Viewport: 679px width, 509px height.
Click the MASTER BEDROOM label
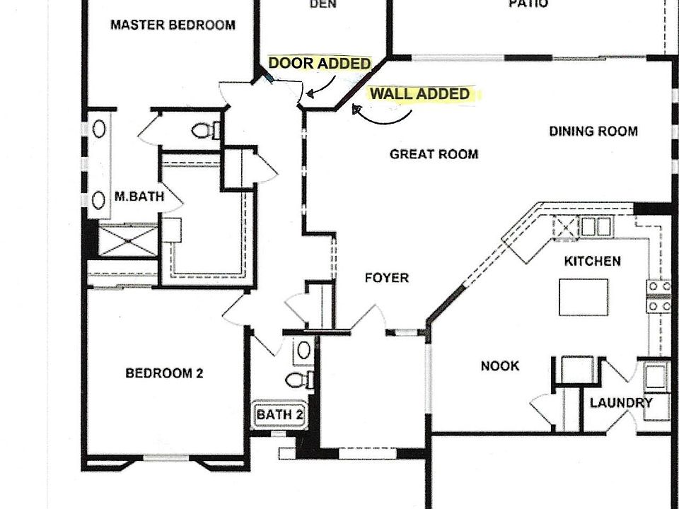pyautogui.click(x=173, y=25)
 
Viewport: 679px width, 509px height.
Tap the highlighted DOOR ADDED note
pyautogui.click(x=320, y=64)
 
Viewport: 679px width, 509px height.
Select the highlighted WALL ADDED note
pyautogui.click(x=420, y=94)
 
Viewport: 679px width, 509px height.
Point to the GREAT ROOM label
pyautogui.click(x=434, y=154)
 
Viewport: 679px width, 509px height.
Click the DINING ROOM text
pyautogui.click(x=593, y=131)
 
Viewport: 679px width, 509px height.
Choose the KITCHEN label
pyautogui.click(x=592, y=262)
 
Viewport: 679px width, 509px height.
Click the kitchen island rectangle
pyautogui.click(x=584, y=297)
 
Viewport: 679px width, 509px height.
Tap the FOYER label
pyautogui.click(x=386, y=278)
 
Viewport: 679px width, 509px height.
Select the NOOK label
pyautogui.click(x=500, y=366)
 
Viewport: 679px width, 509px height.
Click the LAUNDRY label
pyautogui.click(x=621, y=403)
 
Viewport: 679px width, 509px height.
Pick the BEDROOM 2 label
pyautogui.click(x=164, y=373)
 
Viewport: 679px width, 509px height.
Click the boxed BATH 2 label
pyautogui.click(x=279, y=414)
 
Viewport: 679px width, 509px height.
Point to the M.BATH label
pyautogui.click(x=139, y=197)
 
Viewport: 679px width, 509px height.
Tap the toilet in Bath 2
pyautogui.click(x=300, y=380)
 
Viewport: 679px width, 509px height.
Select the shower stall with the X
pyautogui.click(x=127, y=240)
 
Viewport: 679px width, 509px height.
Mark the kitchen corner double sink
pyautogui.click(x=596, y=227)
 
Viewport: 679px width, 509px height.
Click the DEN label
pyautogui.click(x=323, y=4)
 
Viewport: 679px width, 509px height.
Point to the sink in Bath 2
pyautogui.click(x=303, y=349)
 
